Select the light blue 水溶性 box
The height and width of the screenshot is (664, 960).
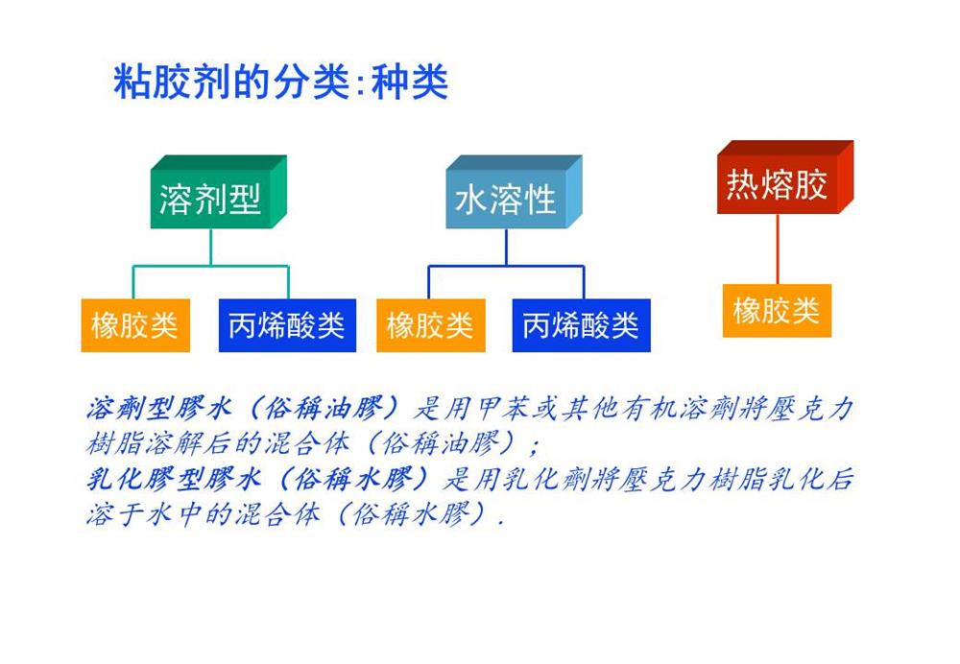pos(514,192)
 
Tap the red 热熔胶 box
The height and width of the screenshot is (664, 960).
pos(785,178)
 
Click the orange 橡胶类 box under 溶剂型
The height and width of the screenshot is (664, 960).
pos(135,325)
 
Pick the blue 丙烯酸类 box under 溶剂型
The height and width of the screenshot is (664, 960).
pos(287,325)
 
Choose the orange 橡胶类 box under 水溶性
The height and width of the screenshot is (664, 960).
pos(431,325)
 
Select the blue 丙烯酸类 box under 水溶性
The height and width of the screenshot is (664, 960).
pos(581,325)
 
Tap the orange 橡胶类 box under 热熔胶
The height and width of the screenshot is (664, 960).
pos(777,310)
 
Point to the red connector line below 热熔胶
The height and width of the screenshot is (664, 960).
pos(778,249)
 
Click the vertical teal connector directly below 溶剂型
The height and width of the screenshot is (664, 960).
pos(211,248)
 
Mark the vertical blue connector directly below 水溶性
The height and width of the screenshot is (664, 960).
pos(506,248)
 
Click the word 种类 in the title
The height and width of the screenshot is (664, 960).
pos(410,82)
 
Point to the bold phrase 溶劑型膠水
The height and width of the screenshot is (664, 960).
pos(159,408)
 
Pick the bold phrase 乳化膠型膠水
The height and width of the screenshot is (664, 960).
pos(174,479)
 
